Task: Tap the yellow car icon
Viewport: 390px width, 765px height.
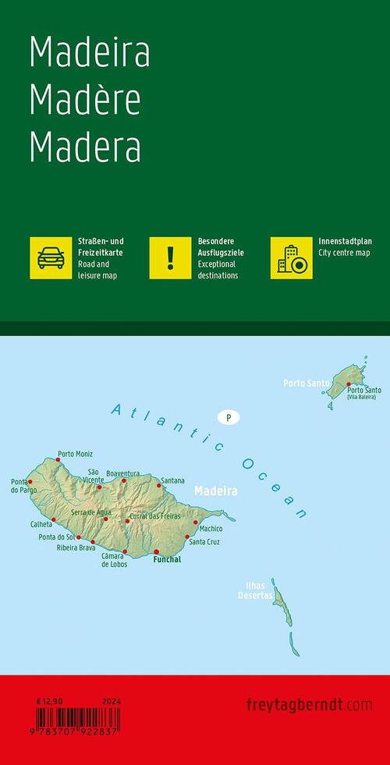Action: tap(50, 257)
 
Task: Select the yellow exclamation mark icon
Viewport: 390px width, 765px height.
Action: tap(170, 257)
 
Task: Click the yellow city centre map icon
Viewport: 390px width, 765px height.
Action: tap(291, 257)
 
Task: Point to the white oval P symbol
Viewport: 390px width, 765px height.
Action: tap(229, 418)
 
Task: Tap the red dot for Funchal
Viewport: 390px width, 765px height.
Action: tap(156, 551)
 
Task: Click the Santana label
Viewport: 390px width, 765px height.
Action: tap(172, 480)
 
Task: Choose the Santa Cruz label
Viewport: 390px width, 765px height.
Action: tap(204, 542)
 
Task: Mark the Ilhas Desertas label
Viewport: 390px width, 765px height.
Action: tap(256, 590)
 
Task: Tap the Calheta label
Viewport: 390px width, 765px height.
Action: tap(41, 525)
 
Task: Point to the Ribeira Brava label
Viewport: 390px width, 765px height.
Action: tap(76, 547)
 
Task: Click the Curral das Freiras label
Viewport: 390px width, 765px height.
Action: tap(154, 516)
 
